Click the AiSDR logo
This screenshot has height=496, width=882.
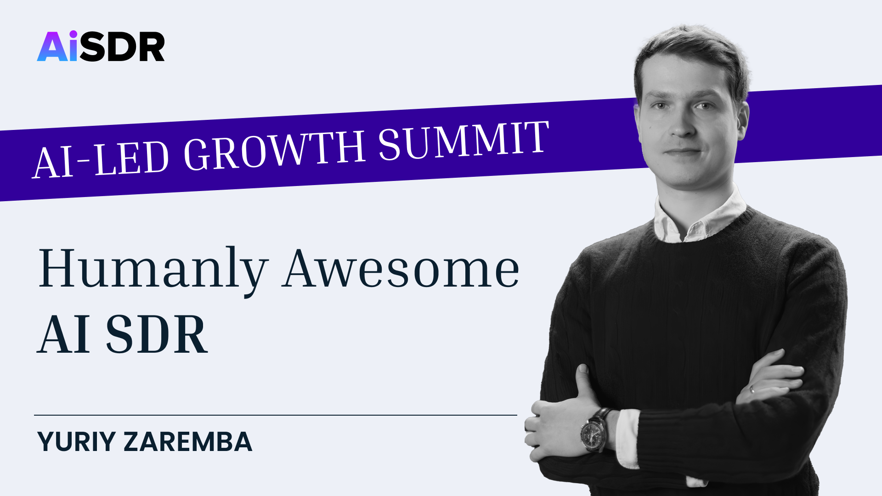point(101,46)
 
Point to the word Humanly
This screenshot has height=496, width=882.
point(153,270)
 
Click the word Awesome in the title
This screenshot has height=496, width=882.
point(401,268)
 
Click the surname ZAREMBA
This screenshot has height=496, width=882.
point(188,442)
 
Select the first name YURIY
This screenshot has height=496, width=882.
point(76,442)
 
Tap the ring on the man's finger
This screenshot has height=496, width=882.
point(752,389)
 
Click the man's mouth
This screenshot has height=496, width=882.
point(682,152)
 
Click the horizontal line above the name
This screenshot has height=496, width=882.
point(276,415)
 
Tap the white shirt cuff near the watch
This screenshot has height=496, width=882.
point(627,439)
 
